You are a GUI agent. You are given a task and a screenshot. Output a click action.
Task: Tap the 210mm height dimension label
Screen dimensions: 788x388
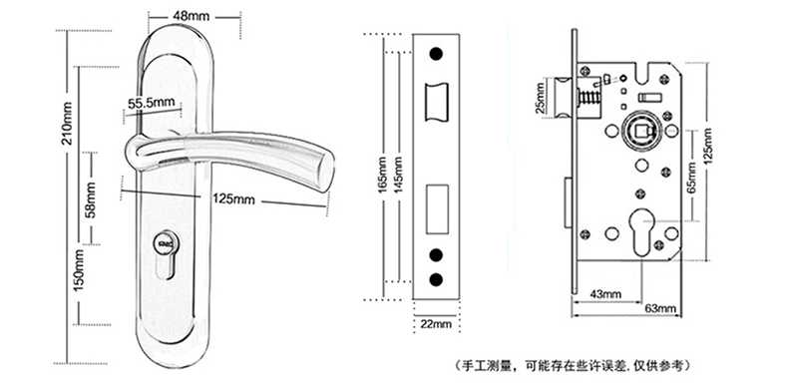click(x=67, y=123)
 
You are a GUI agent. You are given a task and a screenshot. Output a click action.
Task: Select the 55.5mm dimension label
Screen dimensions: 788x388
click(x=152, y=104)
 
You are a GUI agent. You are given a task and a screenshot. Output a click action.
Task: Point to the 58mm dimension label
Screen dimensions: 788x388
click(x=91, y=199)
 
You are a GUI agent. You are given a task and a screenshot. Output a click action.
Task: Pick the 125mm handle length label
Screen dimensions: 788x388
click(x=233, y=199)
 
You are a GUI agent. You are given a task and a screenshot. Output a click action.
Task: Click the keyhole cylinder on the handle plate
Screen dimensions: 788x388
click(x=165, y=251)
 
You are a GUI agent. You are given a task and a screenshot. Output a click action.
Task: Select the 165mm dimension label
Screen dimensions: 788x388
click(x=383, y=175)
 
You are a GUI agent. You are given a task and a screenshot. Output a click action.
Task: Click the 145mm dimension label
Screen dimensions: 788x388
click(x=398, y=175)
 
